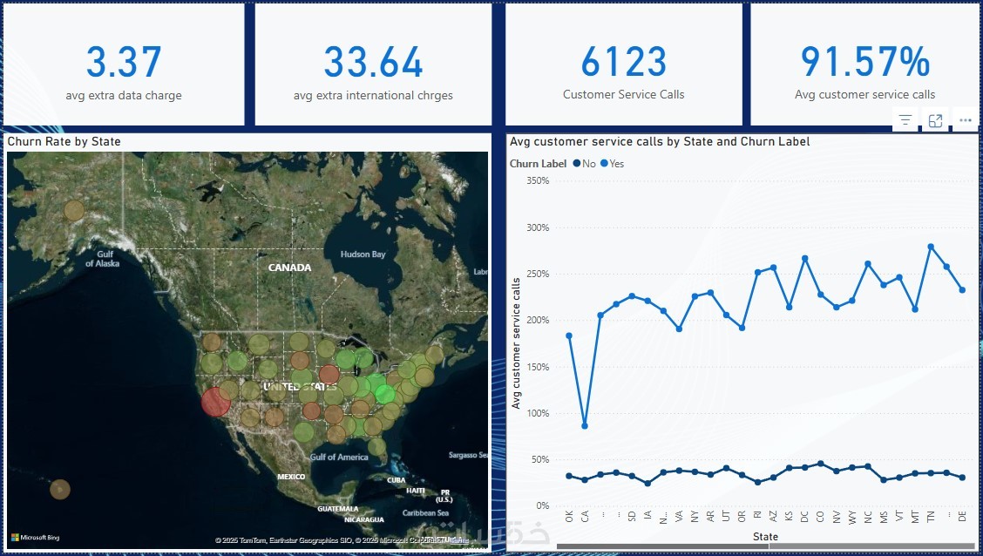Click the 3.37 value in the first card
click(124, 63)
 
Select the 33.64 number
click(373, 63)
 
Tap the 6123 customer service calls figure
click(623, 63)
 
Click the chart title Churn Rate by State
click(64, 141)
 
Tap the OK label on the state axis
click(569, 517)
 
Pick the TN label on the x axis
click(931, 517)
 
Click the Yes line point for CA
click(585, 426)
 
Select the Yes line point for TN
click(931, 247)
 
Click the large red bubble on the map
click(215, 402)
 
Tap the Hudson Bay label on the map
click(363, 254)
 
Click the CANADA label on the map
click(289, 268)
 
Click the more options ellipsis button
click(965, 121)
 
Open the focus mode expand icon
click(935, 121)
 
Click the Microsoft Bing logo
click(35, 537)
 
